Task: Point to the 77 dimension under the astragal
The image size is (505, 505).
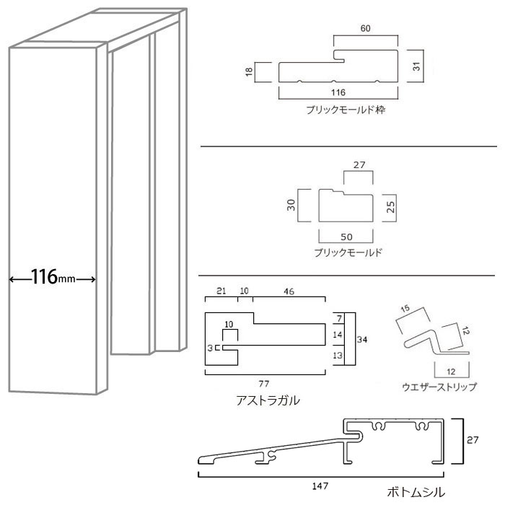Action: tap(265, 381)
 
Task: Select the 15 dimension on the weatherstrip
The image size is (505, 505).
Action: tap(405, 309)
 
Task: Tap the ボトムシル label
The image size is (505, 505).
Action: tap(411, 492)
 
